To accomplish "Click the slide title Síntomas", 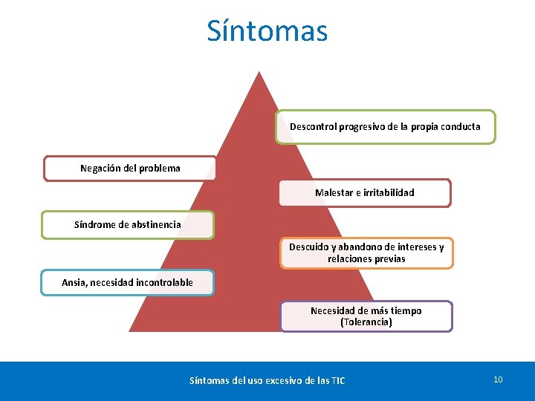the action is (x=267, y=31).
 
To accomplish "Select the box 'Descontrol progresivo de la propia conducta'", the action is (x=385, y=127).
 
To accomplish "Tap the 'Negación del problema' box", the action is (x=130, y=169).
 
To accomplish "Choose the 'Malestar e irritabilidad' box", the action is (x=364, y=193).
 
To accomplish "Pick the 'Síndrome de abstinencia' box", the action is (x=128, y=224).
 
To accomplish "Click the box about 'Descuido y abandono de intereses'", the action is (x=366, y=253).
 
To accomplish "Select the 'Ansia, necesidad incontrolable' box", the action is (x=128, y=282).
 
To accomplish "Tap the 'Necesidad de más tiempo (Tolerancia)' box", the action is (x=366, y=316).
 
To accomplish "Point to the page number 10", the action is (x=498, y=379).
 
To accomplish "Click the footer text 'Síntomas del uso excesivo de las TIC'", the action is (x=267, y=381).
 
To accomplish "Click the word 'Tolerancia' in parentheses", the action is (x=366, y=322).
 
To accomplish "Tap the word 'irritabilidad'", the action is (x=386, y=193).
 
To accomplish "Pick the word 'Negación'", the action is (x=100, y=169).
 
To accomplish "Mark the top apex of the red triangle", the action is (x=259, y=72).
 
